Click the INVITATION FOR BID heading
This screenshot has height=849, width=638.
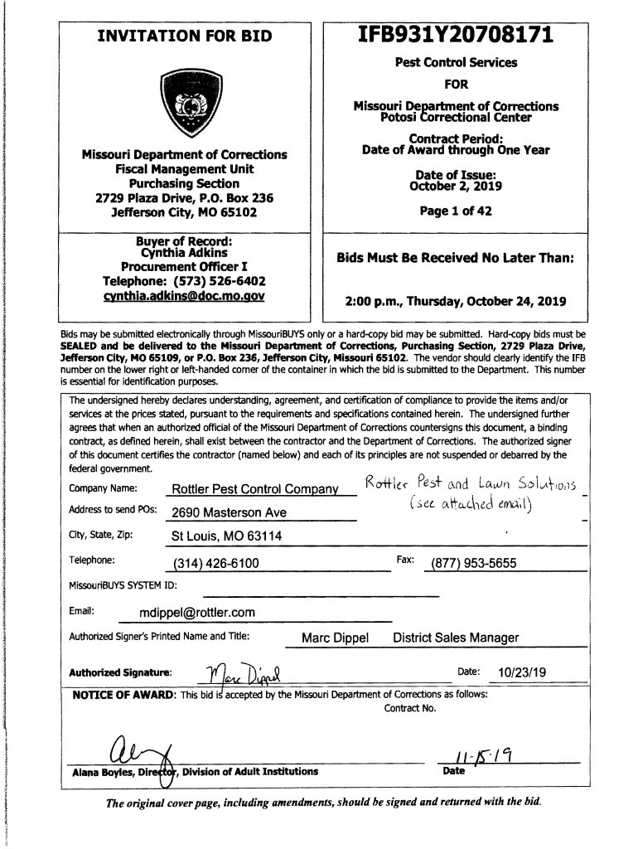coord(185,36)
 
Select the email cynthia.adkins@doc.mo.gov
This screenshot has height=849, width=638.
coord(184,295)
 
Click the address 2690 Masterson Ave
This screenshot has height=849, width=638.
coord(229,512)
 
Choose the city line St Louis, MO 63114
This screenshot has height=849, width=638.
coord(226,536)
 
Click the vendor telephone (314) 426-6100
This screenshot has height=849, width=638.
coord(215,564)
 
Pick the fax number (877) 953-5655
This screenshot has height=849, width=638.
coord(471,564)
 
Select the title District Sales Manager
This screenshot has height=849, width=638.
coord(456,638)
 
